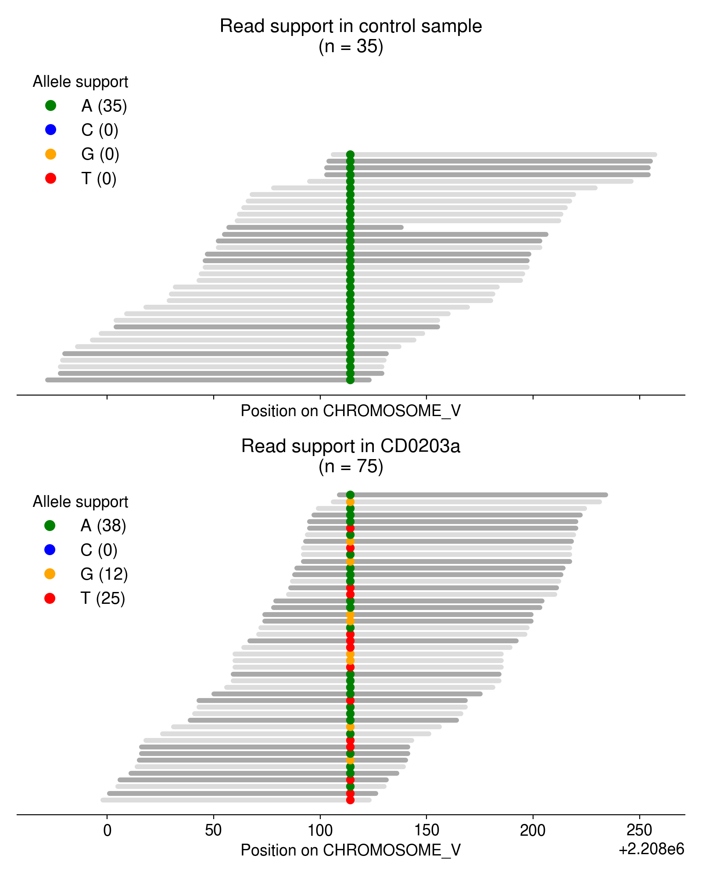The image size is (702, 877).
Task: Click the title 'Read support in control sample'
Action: tap(351, 26)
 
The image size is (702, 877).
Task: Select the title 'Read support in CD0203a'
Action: tap(351, 446)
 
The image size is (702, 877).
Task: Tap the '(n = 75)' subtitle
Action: tap(351, 466)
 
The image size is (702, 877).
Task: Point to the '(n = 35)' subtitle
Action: tap(351, 46)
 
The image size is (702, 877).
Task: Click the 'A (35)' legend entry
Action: tap(104, 106)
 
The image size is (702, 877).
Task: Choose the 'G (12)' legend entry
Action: tap(104, 574)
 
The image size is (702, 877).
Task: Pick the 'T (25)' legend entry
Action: tap(103, 598)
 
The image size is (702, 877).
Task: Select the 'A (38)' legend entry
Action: tap(103, 525)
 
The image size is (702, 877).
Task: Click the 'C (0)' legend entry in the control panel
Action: tap(100, 130)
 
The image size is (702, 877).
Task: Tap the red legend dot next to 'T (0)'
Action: tap(50, 178)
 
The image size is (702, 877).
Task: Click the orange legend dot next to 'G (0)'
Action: tap(50, 154)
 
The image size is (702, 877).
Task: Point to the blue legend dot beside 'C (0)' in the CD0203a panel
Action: tap(50, 549)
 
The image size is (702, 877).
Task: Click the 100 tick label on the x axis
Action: tap(320, 830)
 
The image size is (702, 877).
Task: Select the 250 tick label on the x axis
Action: tap(639, 830)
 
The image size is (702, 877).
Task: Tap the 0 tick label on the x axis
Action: tap(107, 830)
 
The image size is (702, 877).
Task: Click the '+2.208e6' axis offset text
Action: tap(651, 849)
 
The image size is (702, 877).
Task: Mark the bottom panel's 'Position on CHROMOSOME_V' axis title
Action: tap(351, 850)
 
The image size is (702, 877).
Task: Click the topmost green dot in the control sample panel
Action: tap(350, 155)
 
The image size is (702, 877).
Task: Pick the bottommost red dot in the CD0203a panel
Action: tap(350, 800)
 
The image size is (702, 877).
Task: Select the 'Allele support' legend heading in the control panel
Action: tap(80, 82)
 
